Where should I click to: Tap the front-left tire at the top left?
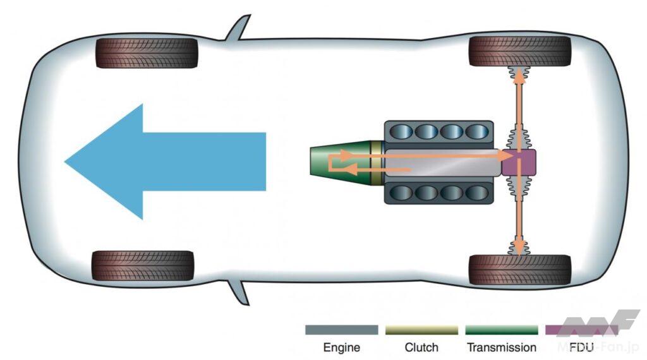click(147, 52)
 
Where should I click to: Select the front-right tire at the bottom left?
click(143, 266)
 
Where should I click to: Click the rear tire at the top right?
click(519, 51)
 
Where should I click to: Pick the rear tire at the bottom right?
click(519, 270)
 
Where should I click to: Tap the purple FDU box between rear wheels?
click(519, 162)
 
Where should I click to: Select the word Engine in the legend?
click(341, 347)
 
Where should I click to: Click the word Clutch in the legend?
click(421, 347)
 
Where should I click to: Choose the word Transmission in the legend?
click(501, 347)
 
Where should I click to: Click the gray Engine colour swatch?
click(341, 330)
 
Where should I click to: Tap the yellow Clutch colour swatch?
click(421, 330)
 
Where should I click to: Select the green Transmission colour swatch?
click(501, 330)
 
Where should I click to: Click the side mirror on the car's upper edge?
click(238, 28)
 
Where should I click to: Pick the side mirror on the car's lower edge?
click(238, 292)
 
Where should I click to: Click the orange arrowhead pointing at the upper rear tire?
click(519, 76)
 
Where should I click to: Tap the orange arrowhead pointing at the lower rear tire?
click(519, 246)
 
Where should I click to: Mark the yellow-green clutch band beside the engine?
click(377, 162)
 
